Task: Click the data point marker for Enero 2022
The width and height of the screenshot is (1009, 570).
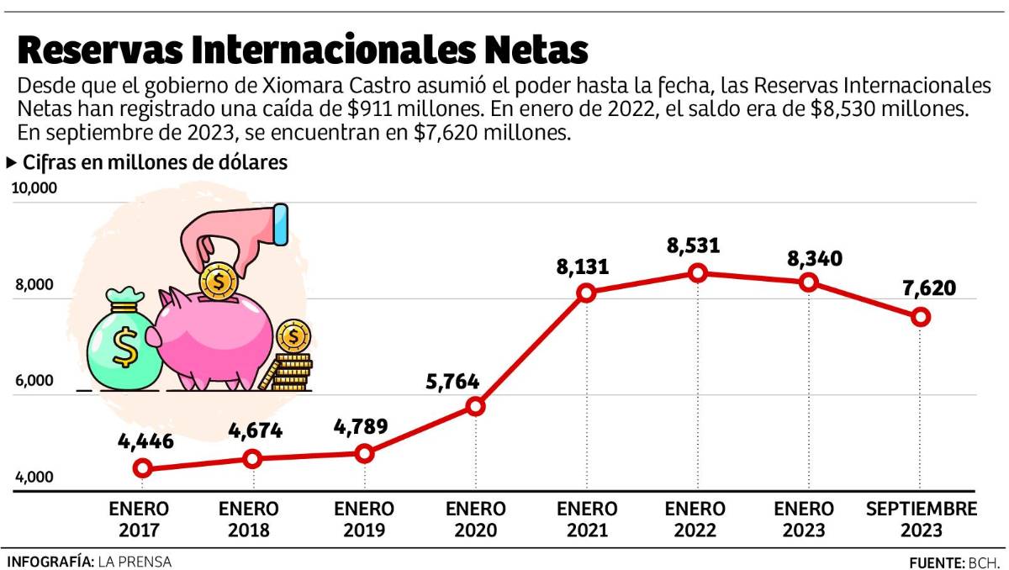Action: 697,272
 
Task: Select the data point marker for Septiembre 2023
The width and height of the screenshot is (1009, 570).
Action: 921,317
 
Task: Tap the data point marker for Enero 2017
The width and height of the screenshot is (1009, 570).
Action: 142,468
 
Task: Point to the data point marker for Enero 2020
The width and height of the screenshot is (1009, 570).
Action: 475,406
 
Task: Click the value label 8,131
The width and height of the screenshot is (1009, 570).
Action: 582,267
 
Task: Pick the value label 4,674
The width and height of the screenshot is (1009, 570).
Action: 255,431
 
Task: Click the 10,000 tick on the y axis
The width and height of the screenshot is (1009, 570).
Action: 34,188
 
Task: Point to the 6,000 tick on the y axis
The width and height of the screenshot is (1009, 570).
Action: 31,381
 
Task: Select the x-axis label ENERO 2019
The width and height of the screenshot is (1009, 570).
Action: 364,520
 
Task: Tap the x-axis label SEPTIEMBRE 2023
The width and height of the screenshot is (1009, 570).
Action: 922,520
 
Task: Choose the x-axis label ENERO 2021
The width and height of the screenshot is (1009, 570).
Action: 587,520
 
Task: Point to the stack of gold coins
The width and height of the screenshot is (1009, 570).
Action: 291,362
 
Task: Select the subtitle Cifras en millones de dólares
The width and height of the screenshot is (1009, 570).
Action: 155,163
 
